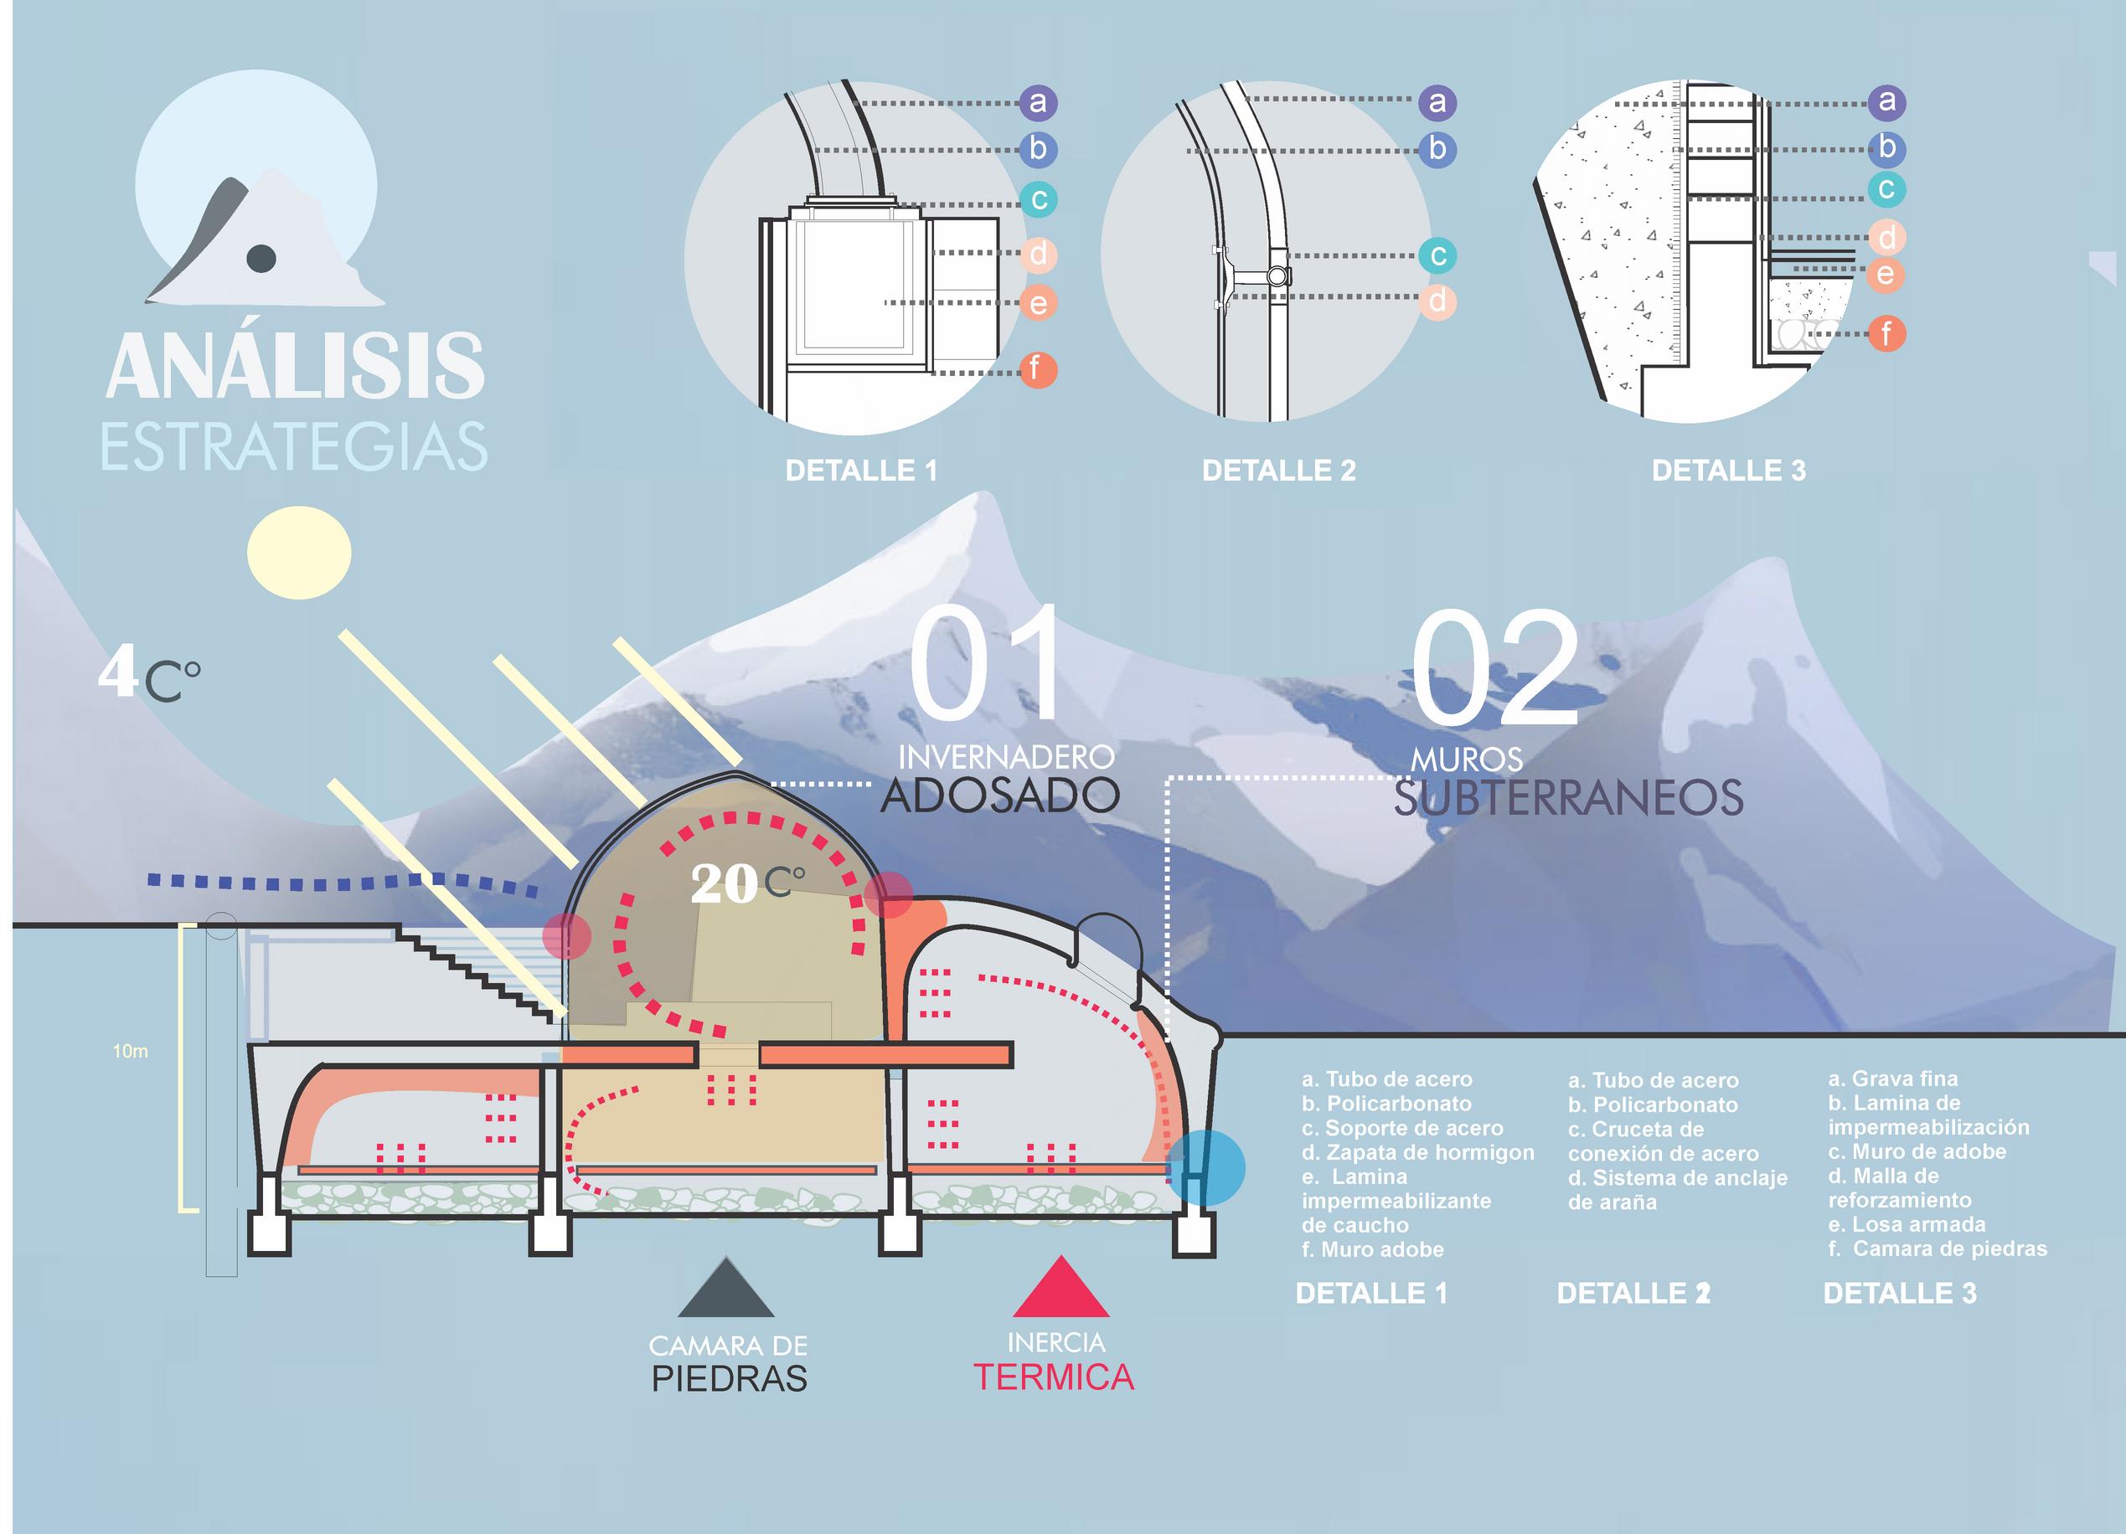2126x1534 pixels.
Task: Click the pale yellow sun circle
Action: point(298,553)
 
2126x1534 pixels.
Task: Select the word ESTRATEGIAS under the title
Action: point(294,447)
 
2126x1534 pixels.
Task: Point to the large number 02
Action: point(1495,667)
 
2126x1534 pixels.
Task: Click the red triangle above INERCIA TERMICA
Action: point(1061,1290)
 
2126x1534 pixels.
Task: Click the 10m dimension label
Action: point(131,1052)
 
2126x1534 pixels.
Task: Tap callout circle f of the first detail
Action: point(1038,369)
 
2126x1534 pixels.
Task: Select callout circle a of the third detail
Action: point(1886,101)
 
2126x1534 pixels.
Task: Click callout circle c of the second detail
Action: point(1437,255)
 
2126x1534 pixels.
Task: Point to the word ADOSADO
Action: point(999,795)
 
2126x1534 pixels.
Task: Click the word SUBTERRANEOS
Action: point(1567,798)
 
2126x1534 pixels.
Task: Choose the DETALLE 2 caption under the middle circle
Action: point(1278,471)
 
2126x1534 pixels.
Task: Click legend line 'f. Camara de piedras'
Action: point(1938,1248)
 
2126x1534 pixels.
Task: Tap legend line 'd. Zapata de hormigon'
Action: point(1417,1153)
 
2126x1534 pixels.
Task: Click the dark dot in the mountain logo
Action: point(261,258)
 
